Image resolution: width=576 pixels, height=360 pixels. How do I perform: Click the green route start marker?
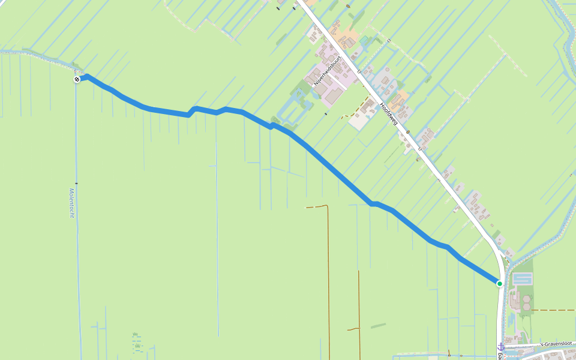coord(499,283)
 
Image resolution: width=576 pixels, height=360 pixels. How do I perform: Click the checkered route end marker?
coord(77,79)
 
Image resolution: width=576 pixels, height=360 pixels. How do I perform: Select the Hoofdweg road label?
coord(388,113)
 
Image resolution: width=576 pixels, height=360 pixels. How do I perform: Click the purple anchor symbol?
coord(500,347)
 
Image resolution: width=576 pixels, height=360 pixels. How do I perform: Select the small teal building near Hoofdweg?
coord(364,40)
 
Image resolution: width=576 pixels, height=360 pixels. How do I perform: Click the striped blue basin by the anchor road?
coord(523,279)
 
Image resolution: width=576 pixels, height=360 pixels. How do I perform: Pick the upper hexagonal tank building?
coord(526,298)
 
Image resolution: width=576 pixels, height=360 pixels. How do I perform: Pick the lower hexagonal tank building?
coord(526,307)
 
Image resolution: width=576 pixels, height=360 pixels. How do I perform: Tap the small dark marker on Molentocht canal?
coord(76,182)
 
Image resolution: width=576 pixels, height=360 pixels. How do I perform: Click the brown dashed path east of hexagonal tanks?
coord(552,310)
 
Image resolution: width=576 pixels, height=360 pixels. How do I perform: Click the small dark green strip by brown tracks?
coord(378,326)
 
